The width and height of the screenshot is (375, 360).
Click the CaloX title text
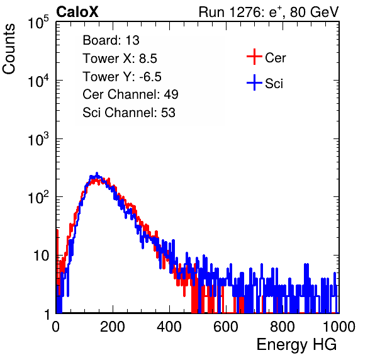tap(77, 12)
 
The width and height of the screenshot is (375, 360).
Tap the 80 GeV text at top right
tap(315, 12)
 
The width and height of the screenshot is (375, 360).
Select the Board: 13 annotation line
tap(111, 40)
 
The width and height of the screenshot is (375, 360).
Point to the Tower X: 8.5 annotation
tap(120, 59)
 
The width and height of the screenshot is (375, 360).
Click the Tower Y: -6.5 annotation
tap(122, 77)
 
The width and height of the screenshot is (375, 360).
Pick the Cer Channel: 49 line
tap(130, 94)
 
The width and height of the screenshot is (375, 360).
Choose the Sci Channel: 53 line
tap(129, 113)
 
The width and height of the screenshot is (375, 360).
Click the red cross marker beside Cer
tap(254, 57)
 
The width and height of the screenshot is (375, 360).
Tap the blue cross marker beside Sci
tap(254, 83)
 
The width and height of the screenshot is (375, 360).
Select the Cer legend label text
tap(276, 58)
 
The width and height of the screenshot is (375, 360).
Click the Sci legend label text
tap(274, 84)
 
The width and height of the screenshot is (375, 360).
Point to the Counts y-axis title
tap(9, 49)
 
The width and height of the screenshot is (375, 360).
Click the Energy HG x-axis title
tap(296, 345)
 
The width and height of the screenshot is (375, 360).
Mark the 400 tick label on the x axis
tap(169, 327)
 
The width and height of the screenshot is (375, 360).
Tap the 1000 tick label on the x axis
tap(339, 327)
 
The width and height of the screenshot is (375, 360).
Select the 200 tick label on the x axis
tap(113, 327)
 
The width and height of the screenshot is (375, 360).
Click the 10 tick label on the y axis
tap(42, 256)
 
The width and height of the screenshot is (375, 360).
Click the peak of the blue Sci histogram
tap(97, 173)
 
